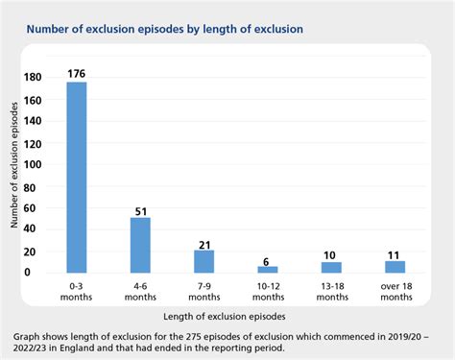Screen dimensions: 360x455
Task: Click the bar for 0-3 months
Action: (77, 177)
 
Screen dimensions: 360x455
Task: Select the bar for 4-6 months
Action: (140, 245)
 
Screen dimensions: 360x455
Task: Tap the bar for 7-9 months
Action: (204, 261)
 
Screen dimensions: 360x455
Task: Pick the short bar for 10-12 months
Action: (267, 269)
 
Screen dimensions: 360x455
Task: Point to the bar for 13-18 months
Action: (331, 267)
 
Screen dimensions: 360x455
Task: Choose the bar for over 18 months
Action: (395, 266)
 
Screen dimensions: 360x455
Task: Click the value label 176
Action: (77, 72)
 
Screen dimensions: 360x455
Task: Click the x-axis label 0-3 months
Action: (77, 292)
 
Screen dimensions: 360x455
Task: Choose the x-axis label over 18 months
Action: (395, 292)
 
